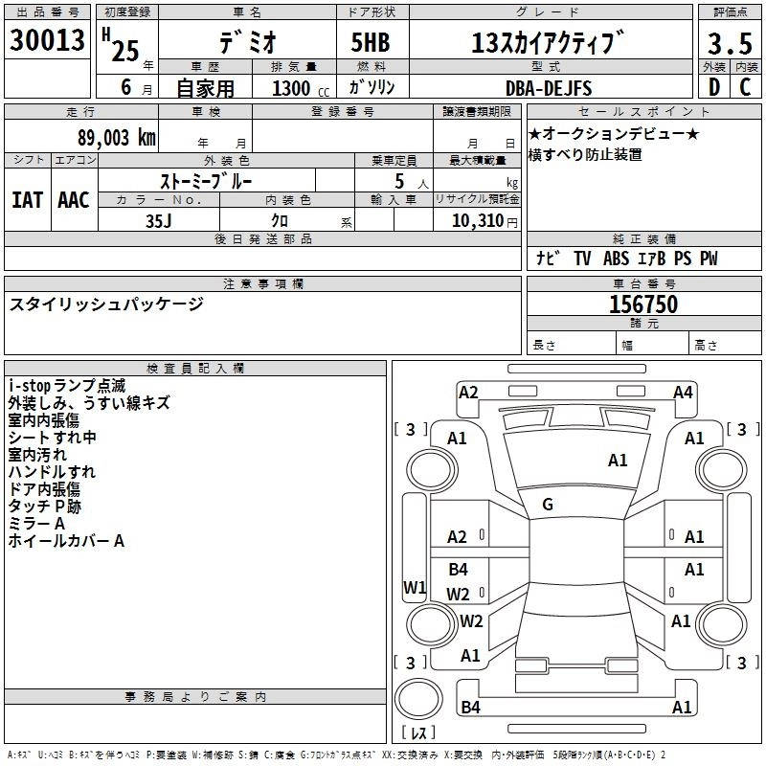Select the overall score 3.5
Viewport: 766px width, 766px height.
[x=729, y=43]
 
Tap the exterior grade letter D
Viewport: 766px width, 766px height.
[x=713, y=87]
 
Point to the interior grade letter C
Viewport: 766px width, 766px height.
[x=745, y=87]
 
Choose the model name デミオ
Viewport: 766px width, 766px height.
[x=246, y=43]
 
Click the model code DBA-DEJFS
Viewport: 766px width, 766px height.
[x=549, y=88]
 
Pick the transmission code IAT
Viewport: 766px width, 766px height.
[x=27, y=199]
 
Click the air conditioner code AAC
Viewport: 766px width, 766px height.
[x=73, y=199]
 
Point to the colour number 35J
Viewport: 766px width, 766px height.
[x=159, y=220]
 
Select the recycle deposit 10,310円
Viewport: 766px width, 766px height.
[x=478, y=220]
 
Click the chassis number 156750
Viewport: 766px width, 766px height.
[x=643, y=304]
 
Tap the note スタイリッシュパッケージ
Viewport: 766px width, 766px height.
[x=106, y=304]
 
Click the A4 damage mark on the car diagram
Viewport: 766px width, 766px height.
[x=683, y=392]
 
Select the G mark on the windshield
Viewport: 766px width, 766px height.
[x=548, y=505]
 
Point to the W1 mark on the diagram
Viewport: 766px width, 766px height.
[x=415, y=587]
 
